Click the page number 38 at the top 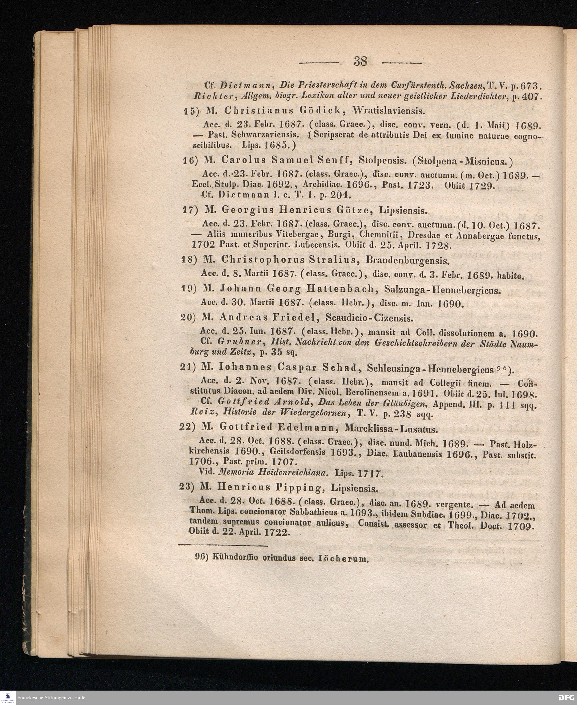(361, 61)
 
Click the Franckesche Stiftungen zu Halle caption (52, 698)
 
